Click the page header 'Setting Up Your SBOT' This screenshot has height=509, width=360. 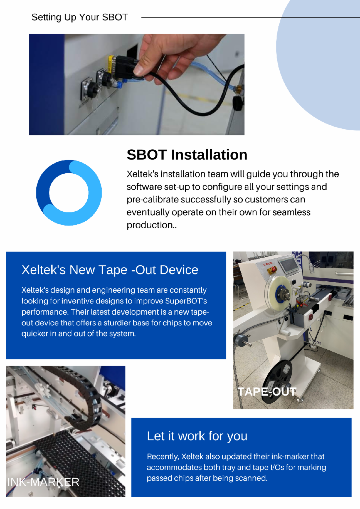click(x=79, y=17)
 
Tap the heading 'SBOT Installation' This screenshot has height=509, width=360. click(x=187, y=155)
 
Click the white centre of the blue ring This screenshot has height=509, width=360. click(x=69, y=193)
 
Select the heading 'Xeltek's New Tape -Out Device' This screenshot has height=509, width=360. click(x=110, y=270)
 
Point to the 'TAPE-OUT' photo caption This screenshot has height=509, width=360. click(x=267, y=392)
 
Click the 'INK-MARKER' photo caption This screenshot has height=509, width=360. click(x=43, y=482)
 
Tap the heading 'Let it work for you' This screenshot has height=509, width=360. click(x=197, y=436)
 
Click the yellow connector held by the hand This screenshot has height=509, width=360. click(x=111, y=64)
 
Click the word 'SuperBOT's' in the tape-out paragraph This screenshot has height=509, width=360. click(x=186, y=301)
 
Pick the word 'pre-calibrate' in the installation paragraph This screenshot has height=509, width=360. click(x=153, y=200)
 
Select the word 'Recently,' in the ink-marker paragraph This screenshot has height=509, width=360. click(x=163, y=457)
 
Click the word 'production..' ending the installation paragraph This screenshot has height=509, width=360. click(x=151, y=225)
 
